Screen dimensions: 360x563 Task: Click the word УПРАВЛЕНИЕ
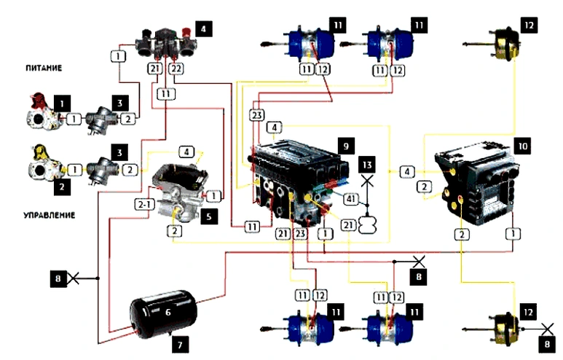click(50, 216)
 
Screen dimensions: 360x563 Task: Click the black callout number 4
click(204, 31)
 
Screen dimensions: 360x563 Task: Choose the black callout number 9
click(346, 146)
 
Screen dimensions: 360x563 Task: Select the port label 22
click(175, 68)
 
